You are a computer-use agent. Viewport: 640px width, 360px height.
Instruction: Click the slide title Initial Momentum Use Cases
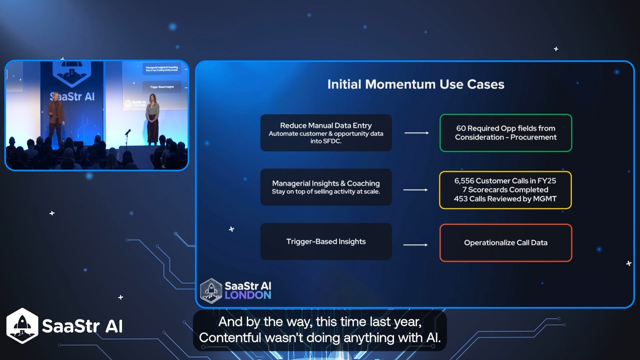[x=415, y=84]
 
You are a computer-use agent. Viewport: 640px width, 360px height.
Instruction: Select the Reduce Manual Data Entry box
[x=326, y=133]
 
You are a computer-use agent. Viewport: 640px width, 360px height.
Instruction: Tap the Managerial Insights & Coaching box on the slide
[x=326, y=187]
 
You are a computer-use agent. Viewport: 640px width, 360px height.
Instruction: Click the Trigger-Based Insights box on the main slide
[x=326, y=241]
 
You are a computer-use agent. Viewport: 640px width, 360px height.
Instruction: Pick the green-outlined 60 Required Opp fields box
[x=505, y=133]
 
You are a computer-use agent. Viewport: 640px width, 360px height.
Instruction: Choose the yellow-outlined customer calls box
[x=505, y=190]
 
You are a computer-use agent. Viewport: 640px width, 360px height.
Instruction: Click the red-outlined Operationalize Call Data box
[x=505, y=242]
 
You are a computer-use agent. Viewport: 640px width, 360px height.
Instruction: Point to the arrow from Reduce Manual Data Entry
[x=416, y=133]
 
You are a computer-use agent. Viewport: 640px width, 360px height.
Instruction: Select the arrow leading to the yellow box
[x=415, y=190]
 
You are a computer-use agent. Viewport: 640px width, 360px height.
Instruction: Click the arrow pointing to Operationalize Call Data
[x=415, y=244]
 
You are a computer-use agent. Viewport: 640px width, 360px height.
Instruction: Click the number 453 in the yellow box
[x=461, y=199]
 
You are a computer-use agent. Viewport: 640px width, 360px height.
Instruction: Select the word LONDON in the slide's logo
[x=247, y=295]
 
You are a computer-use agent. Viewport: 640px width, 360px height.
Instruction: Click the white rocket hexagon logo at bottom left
[x=22, y=325]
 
